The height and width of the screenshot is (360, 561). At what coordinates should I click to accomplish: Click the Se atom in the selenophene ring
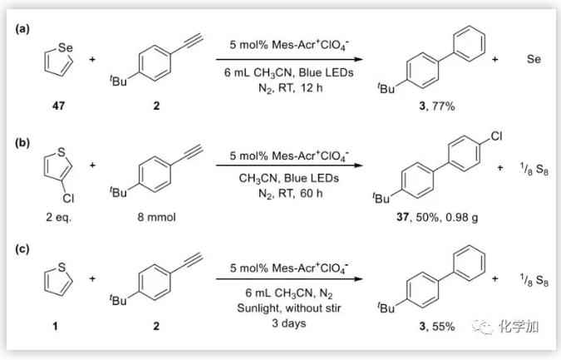click(66, 48)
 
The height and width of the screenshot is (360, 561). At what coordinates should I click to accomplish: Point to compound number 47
click(56, 106)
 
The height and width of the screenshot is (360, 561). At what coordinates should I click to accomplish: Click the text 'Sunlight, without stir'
click(288, 307)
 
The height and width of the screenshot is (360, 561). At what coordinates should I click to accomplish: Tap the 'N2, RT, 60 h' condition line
click(288, 192)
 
